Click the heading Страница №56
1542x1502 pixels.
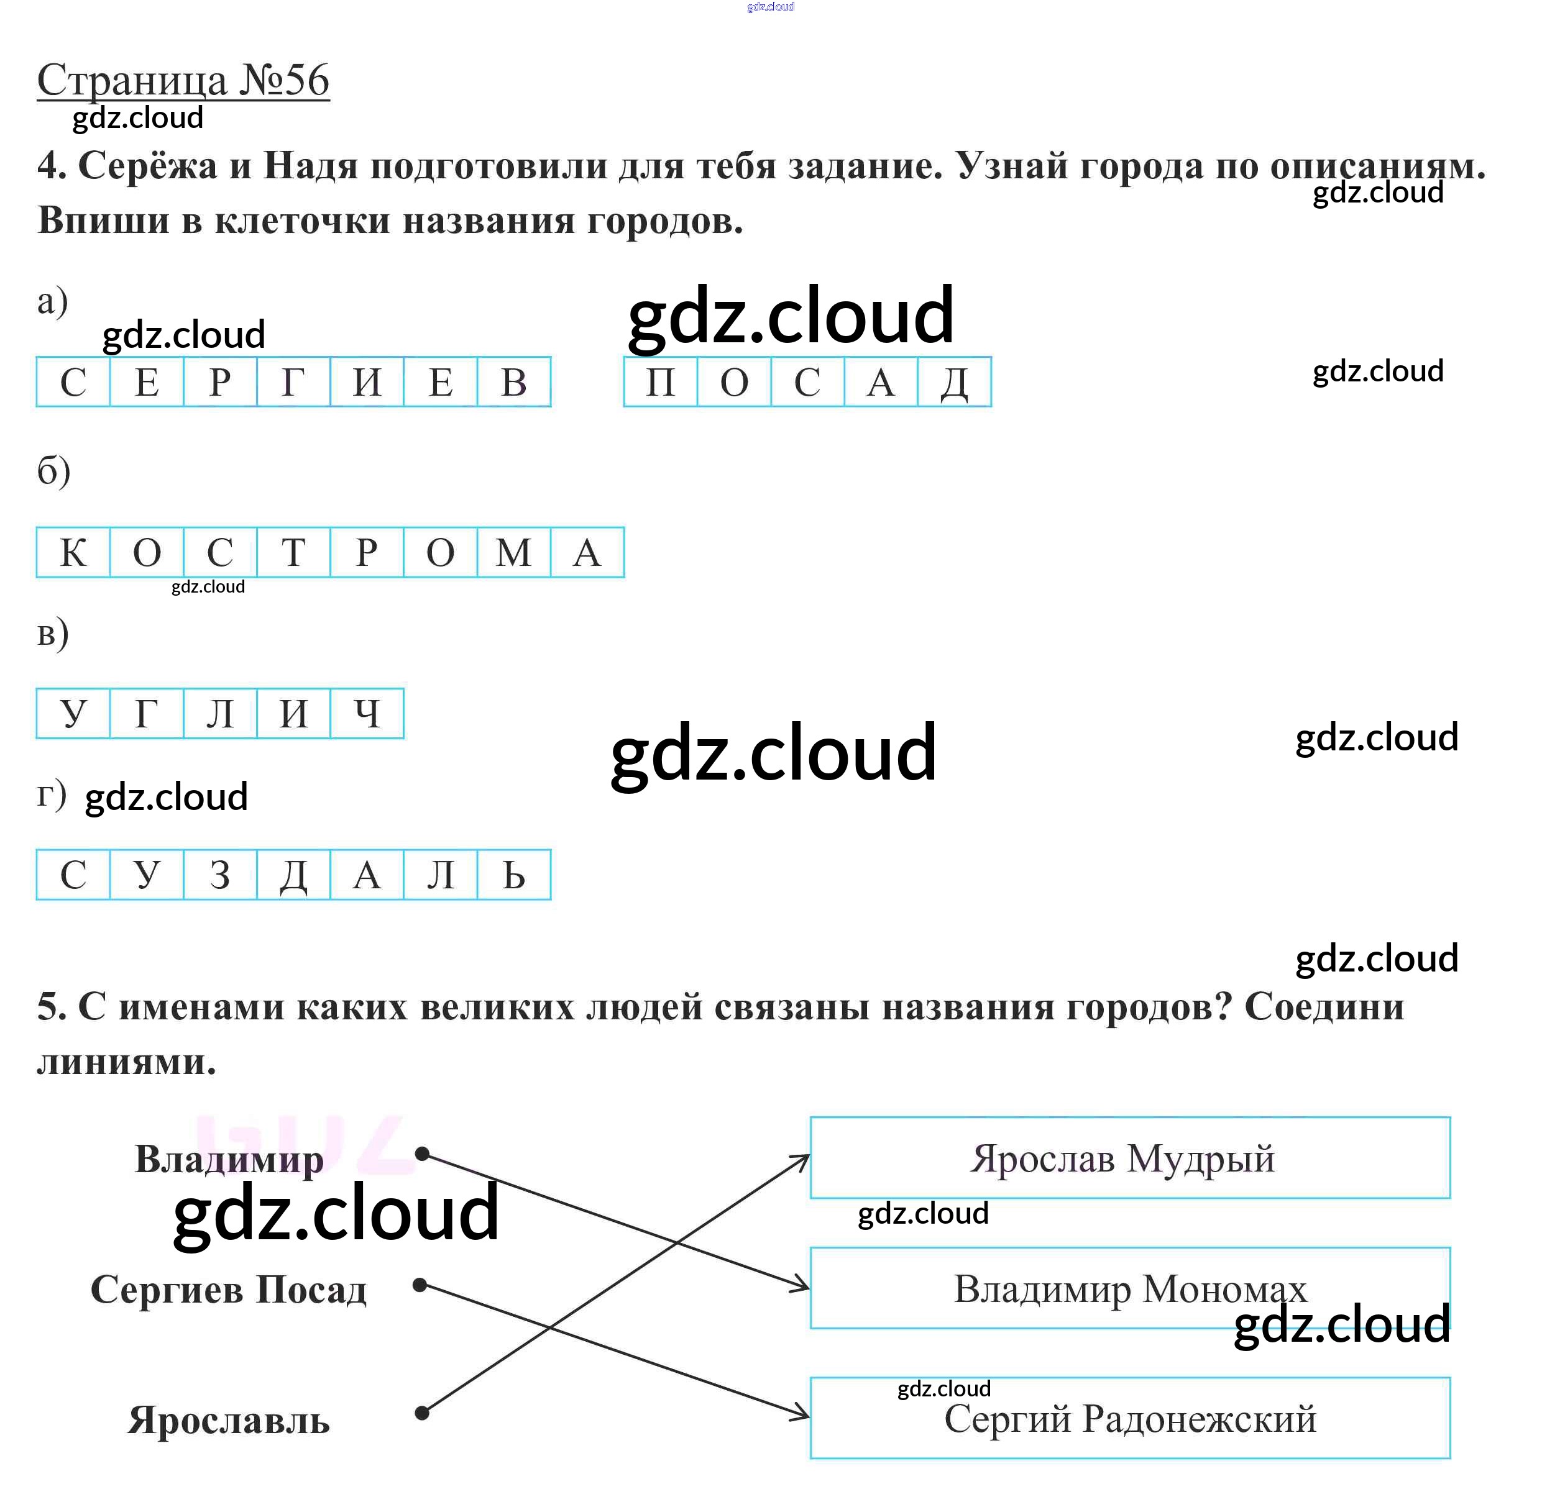coord(183,81)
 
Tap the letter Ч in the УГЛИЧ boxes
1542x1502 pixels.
coord(367,714)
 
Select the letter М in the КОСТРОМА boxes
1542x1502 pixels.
coord(514,552)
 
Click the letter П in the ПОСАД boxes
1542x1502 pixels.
coord(661,383)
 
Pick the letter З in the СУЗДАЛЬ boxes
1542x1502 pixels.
coord(220,875)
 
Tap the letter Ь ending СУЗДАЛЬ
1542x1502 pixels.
coord(514,875)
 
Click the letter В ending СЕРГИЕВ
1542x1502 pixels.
coord(514,383)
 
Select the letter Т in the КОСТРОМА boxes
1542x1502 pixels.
coord(293,552)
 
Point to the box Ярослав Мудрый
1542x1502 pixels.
coord(1129,1158)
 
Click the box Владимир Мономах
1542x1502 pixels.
coord(1129,1288)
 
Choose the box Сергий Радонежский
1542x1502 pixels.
coord(1129,1418)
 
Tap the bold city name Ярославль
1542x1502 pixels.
coord(229,1421)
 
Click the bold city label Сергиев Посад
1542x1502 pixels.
coord(229,1290)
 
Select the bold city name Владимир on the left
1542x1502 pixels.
coord(229,1160)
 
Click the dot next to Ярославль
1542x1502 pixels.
coord(422,1413)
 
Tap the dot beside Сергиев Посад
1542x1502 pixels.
coord(421,1286)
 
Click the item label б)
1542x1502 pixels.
coord(53,471)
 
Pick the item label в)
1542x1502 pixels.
coord(53,634)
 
